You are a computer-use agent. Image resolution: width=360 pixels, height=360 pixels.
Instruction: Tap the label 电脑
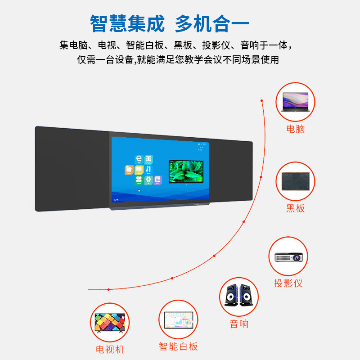296,129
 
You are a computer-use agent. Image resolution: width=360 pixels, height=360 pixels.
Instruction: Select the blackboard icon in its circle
295,181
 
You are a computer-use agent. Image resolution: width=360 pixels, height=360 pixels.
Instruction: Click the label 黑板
296,208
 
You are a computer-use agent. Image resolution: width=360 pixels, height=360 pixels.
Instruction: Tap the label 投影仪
288,283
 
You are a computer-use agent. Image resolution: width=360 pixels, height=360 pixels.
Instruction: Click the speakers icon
239,296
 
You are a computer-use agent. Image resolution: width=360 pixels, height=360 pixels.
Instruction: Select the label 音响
239,324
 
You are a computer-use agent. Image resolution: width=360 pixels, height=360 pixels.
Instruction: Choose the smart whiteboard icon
179,321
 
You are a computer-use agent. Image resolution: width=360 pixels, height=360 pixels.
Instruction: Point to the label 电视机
110,349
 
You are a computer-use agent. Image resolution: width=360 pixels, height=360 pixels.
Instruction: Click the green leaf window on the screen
186,171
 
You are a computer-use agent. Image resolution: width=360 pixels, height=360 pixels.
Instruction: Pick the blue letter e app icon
139,159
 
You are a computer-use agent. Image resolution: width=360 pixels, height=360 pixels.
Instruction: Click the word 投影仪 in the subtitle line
216,45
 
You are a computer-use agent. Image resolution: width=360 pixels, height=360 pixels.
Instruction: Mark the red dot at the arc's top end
261,100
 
